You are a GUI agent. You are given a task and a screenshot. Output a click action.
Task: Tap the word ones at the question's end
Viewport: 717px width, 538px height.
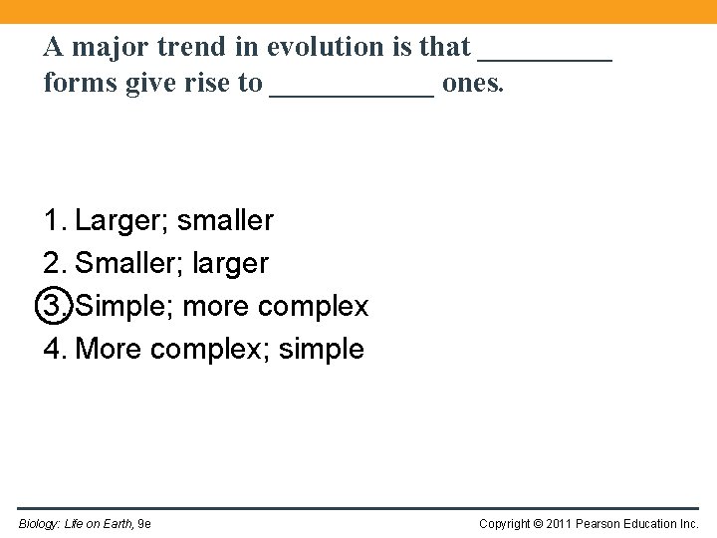[x=473, y=84]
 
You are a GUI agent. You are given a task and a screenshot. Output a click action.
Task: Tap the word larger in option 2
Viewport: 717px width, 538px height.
[x=230, y=264]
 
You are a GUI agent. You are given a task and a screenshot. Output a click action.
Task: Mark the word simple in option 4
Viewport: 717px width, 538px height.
[x=322, y=350]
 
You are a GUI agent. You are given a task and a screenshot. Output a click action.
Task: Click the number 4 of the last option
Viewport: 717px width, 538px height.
[x=52, y=350]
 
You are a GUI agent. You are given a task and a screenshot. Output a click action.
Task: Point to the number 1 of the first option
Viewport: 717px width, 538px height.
[x=52, y=221]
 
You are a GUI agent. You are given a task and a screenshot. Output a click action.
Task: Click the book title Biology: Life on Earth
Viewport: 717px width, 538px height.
[x=76, y=524]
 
